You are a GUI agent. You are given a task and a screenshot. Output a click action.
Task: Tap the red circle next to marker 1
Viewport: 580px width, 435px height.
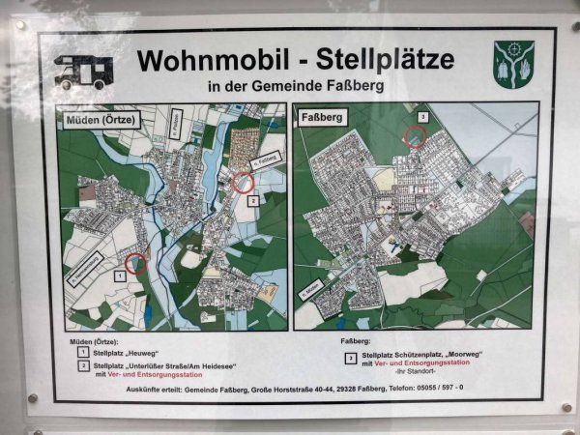(136, 263)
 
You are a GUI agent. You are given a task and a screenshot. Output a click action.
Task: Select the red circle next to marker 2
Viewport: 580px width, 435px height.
(243, 181)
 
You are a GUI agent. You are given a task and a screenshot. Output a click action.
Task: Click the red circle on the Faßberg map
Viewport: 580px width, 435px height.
(416, 137)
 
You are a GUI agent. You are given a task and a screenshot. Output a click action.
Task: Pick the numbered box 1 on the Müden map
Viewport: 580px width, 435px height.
(119, 275)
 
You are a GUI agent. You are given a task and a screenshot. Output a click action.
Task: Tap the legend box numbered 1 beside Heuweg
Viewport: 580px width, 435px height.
(83, 354)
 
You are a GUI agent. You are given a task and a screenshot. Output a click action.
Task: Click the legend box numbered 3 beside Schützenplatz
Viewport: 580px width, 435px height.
(349, 358)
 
